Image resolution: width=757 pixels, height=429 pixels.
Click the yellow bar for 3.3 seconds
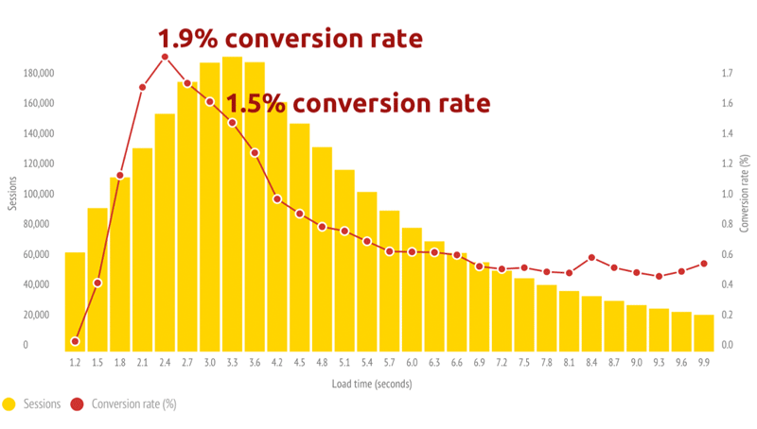232,203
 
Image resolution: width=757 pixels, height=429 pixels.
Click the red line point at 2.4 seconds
165,57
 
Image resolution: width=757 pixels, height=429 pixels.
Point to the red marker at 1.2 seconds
75,341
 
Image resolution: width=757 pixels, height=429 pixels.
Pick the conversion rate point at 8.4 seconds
591,257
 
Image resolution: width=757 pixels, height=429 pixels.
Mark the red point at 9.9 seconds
703,264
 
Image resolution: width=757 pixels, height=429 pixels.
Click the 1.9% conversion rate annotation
290,39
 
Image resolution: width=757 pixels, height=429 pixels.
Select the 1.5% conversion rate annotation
359,103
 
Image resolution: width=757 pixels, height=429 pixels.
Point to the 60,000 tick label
38,254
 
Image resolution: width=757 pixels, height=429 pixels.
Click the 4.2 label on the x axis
276,362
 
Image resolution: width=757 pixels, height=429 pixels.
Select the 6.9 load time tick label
479,362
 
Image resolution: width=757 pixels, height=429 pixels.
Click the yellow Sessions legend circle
9,404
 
